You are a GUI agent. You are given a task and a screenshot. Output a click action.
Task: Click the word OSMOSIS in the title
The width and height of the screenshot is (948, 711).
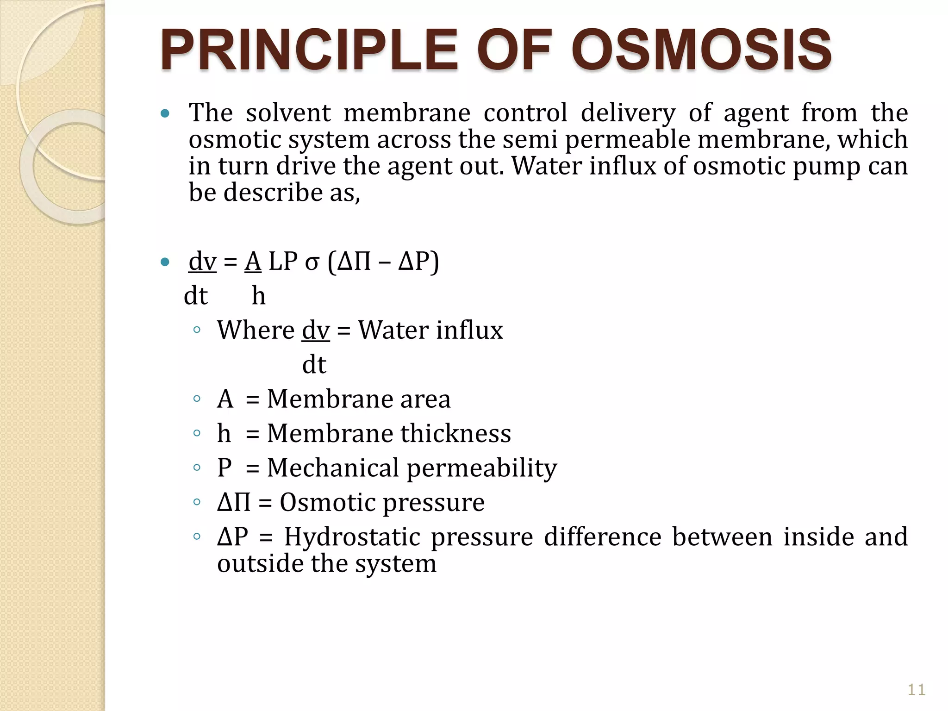click(x=701, y=50)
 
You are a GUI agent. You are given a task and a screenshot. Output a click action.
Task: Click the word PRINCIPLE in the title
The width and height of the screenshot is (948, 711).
click(x=309, y=50)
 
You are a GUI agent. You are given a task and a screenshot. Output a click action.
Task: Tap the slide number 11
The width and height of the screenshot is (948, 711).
click(x=916, y=690)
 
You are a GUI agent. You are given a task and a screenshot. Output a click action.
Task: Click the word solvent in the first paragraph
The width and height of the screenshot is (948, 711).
click(x=288, y=113)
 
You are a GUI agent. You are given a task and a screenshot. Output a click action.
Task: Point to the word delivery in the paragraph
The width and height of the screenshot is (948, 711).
click(x=628, y=113)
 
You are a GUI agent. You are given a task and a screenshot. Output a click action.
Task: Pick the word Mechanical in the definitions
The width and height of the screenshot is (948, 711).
click(x=333, y=468)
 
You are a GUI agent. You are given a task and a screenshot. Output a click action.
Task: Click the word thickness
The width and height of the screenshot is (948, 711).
click(x=455, y=433)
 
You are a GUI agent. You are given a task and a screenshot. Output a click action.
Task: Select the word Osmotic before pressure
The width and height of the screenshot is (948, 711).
click(x=325, y=502)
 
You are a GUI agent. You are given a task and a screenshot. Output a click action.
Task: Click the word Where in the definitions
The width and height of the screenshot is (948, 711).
click(x=256, y=330)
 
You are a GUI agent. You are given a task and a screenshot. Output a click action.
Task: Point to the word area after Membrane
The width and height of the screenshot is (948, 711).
click(x=425, y=399)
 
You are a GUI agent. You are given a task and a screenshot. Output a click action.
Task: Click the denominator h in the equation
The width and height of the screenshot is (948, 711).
click(x=258, y=296)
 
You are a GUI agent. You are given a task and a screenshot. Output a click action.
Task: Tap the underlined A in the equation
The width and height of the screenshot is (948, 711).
click(x=253, y=262)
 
